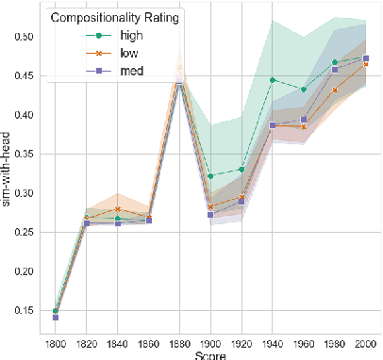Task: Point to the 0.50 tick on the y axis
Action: point(19,37)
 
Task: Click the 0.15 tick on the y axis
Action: point(19,311)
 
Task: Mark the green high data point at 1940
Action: point(273,80)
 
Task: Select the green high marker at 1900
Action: point(210,176)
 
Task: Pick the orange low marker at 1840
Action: point(117,209)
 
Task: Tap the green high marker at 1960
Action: point(304,90)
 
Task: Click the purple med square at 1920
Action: point(241,202)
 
